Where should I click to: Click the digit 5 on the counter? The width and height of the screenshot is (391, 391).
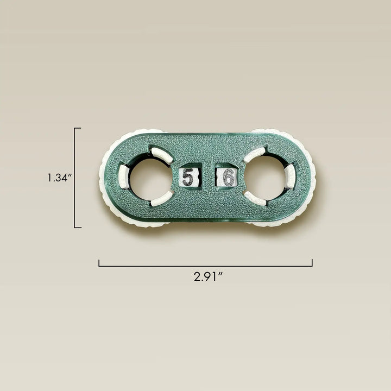tap(188, 176)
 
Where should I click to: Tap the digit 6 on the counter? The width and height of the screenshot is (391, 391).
tap(229, 177)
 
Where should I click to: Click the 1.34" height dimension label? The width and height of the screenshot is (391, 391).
tap(60, 178)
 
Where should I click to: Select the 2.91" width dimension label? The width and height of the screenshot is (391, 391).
tap(208, 276)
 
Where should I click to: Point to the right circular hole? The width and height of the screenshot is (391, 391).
tap(265, 178)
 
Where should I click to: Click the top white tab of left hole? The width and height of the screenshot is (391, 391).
tap(162, 155)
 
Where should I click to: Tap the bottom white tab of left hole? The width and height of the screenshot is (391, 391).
tap(162, 199)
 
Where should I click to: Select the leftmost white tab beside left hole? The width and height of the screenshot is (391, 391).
tap(123, 176)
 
